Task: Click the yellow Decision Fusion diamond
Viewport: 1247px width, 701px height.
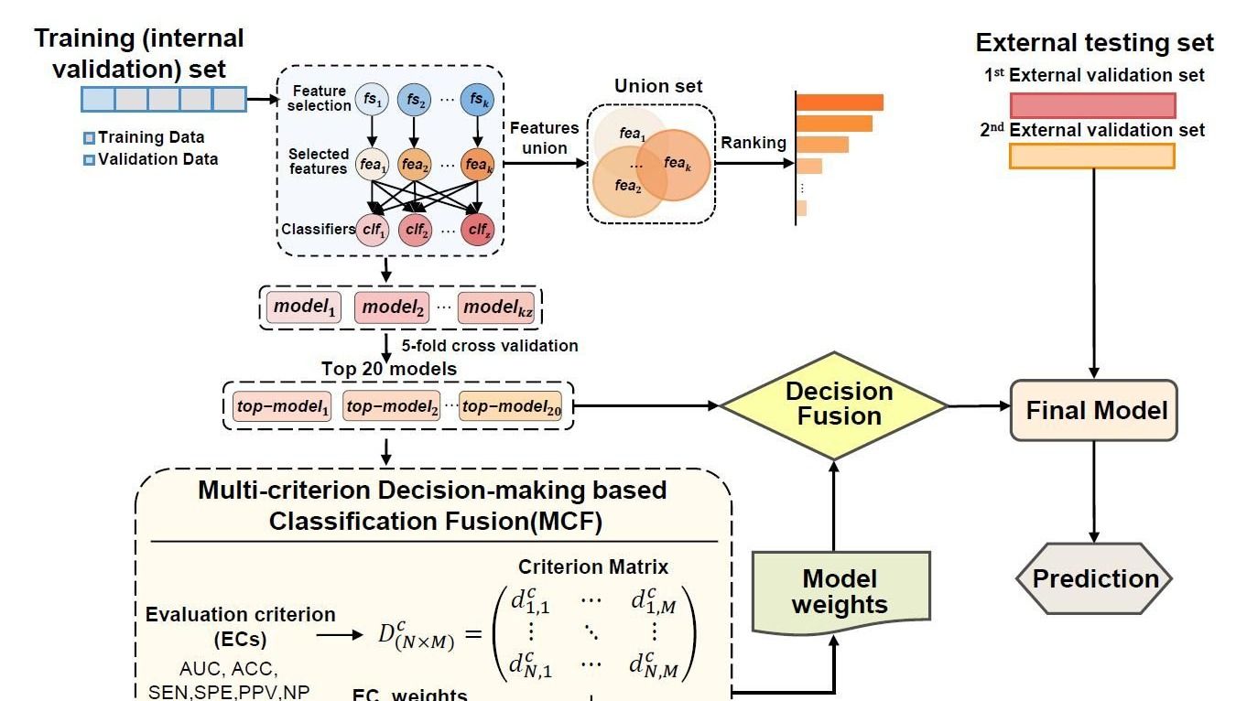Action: tap(834, 404)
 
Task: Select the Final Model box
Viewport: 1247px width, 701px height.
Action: tap(1094, 410)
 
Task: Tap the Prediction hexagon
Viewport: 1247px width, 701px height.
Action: tap(1094, 578)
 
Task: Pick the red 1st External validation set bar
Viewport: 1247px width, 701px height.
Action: tap(1092, 104)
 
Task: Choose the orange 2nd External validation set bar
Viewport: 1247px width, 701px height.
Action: tap(1091, 156)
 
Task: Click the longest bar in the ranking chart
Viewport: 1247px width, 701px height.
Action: tap(840, 102)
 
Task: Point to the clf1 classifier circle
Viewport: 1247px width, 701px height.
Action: tap(373, 230)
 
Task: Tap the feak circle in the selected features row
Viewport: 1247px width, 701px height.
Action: tap(478, 165)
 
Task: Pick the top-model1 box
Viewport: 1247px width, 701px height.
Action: tap(282, 405)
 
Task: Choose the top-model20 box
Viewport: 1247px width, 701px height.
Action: tap(511, 405)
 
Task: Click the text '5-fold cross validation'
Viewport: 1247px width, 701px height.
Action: tap(490, 346)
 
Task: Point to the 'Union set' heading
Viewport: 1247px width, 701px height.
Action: tap(658, 86)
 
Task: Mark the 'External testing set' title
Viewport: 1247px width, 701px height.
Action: tap(1094, 43)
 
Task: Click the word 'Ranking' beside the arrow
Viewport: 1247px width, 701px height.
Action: tap(754, 143)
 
